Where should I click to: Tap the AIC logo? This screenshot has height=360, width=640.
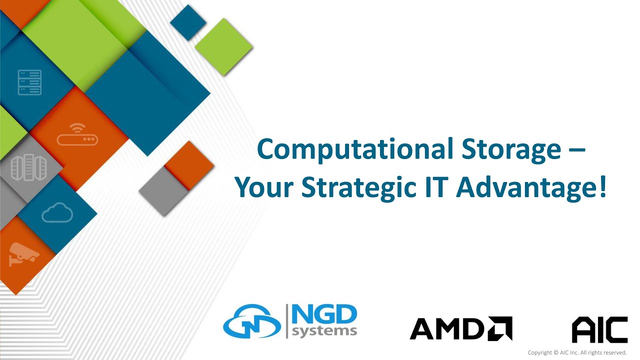[599, 329]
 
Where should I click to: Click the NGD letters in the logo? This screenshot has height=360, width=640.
[324, 315]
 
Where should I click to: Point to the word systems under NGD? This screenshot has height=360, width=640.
[324, 331]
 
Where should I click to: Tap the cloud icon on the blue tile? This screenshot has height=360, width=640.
[57, 214]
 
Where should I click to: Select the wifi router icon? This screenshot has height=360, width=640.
[77, 135]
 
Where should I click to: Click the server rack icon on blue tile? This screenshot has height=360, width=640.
[29, 82]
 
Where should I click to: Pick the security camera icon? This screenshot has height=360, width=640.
[23, 253]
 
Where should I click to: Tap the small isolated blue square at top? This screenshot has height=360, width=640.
[188, 22]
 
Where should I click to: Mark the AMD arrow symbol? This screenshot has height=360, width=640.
[500, 328]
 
